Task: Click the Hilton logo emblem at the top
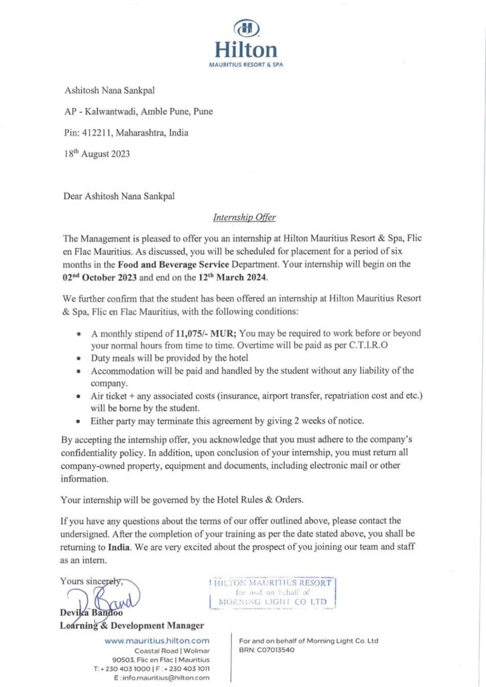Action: [245, 28]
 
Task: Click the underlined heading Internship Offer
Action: [244, 217]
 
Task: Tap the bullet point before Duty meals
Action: [80, 359]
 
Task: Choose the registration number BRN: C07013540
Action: [267, 650]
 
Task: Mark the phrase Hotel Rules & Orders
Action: [251, 500]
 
